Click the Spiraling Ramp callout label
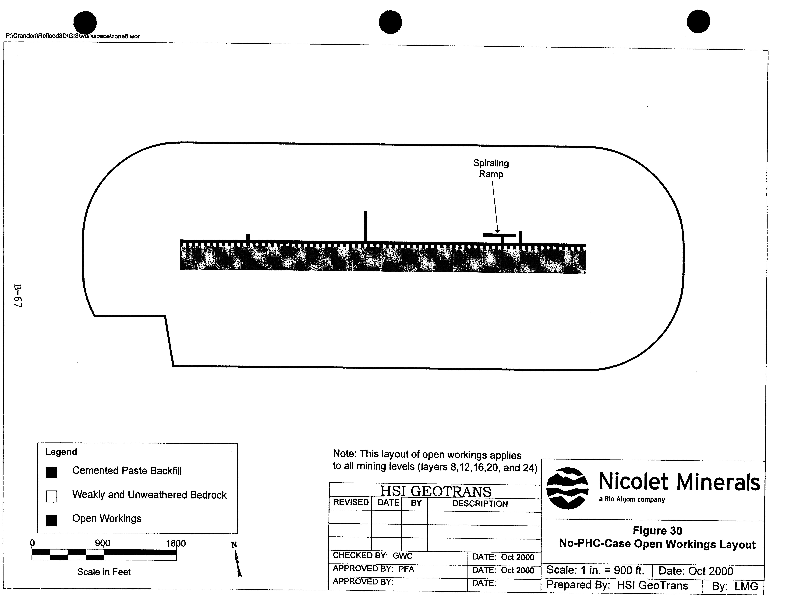pyautogui.click(x=491, y=169)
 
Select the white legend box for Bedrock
pyautogui.click(x=51, y=497)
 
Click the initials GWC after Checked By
pyautogui.click(x=402, y=556)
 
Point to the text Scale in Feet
pyautogui.click(x=104, y=572)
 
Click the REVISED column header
pyautogui.click(x=351, y=502)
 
